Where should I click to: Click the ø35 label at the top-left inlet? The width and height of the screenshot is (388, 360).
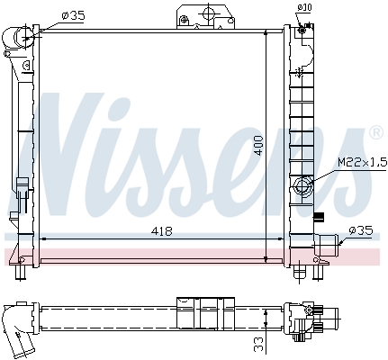click(72, 15)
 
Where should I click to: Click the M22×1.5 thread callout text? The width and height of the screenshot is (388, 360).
click(359, 162)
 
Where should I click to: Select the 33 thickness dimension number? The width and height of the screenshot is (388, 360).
click(258, 343)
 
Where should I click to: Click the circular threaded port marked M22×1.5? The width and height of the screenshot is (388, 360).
click(303, 187)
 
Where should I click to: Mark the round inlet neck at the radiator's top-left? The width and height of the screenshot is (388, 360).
click(21, 39)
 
